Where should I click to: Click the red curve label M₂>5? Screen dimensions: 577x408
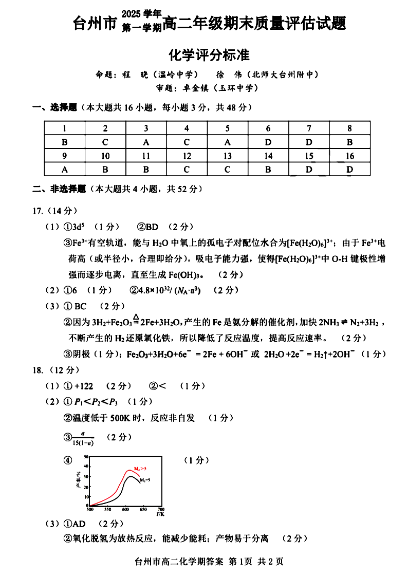pyautogui.click(x=140, y=469)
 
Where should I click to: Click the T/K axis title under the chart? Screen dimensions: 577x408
pyautogui.click(x=160, y=514)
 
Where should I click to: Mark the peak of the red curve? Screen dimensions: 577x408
pyautogui.click(x=129, y=470)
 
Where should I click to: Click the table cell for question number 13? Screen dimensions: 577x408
pyautogui.click(x=228, y=156)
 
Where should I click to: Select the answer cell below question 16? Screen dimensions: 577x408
pyautogui.click(x=350, y=169)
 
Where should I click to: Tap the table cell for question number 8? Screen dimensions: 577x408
pyautogui.click(x=350, y=128)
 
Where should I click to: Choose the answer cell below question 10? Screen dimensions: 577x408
pyautogui.click(x=105, y=169)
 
